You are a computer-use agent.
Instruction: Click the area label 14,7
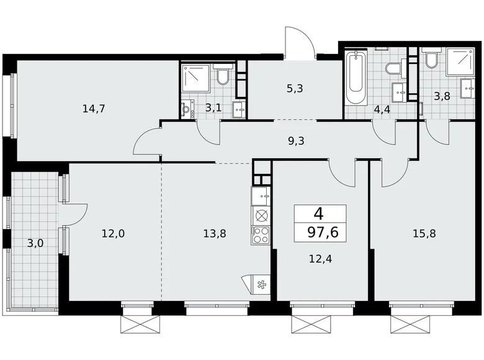94,109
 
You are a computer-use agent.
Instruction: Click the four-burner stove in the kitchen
261,235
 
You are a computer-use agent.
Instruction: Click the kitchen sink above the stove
261,197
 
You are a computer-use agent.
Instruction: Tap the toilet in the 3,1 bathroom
223,77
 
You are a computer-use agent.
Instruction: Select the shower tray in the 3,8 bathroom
460,61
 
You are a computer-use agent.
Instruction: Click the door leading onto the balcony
75,211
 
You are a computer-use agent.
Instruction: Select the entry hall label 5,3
296,88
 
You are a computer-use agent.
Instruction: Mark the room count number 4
319,214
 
